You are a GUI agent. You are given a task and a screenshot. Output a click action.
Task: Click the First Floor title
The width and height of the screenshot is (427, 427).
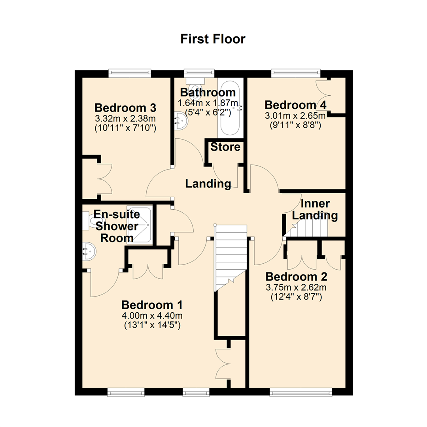[x=213, y=39]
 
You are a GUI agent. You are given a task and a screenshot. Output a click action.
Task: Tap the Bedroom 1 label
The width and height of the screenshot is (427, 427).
[x=152, y=305]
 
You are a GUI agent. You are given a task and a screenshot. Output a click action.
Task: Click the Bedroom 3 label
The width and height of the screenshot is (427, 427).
[x=126, y=108]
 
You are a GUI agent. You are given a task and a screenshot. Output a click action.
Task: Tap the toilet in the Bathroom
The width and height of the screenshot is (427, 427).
[x=196, y=87]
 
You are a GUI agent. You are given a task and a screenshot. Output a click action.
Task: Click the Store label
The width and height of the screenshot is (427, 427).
[x=225, y=147]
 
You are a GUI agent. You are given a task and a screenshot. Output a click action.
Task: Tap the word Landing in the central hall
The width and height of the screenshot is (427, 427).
[x=208, y=183]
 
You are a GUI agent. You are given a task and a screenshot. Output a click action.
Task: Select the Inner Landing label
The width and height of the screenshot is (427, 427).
[x=319, y=210]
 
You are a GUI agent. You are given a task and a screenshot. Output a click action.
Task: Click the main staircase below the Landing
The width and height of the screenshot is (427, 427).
[x=230, y=253]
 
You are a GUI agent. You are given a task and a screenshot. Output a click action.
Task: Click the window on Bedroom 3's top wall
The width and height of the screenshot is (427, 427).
[x=130, y=73]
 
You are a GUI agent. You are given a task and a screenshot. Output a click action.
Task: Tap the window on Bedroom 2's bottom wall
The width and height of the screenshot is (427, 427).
[x=300, y=392]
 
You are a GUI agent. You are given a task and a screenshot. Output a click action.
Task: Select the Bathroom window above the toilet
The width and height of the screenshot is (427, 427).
[x=199, y=73]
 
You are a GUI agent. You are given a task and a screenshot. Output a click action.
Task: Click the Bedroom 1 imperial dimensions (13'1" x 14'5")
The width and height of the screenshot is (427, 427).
[x=152, y=325]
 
